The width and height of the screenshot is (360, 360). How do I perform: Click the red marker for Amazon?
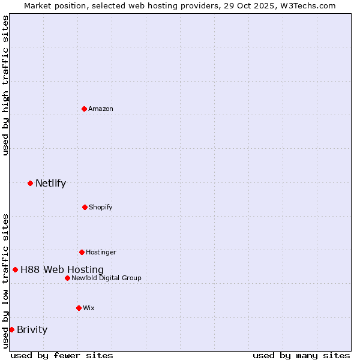coord(84,109)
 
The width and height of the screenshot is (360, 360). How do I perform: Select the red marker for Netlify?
coord(30,183)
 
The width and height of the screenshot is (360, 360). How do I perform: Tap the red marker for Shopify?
coord(85,207)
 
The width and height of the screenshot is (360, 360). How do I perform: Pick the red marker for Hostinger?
coord(82,252)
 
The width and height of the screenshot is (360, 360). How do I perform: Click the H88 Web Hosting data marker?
coord(15,269)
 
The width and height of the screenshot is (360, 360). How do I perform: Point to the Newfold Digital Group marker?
coord(67,278)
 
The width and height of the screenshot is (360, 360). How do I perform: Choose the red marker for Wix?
coord(79,308)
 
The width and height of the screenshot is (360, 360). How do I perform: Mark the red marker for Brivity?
coord(11,329)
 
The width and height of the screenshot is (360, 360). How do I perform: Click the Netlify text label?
coord(50,184)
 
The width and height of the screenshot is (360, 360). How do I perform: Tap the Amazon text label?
coord(101,109)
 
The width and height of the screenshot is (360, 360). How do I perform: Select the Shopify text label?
coord(100,208)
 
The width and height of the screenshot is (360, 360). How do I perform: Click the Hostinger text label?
coord(101,253)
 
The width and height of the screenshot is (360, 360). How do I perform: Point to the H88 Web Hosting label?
coord(62,270)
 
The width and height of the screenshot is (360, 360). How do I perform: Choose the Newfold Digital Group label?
coord(106,278)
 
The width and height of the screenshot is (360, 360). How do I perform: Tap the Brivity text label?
coord(32,330)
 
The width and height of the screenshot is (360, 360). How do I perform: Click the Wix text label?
coord(89,308)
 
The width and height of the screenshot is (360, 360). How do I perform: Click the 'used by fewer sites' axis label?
coord(62,355)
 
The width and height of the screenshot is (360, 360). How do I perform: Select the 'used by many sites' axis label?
coord(301,355)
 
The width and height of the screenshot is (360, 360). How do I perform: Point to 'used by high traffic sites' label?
coord(6,85)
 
